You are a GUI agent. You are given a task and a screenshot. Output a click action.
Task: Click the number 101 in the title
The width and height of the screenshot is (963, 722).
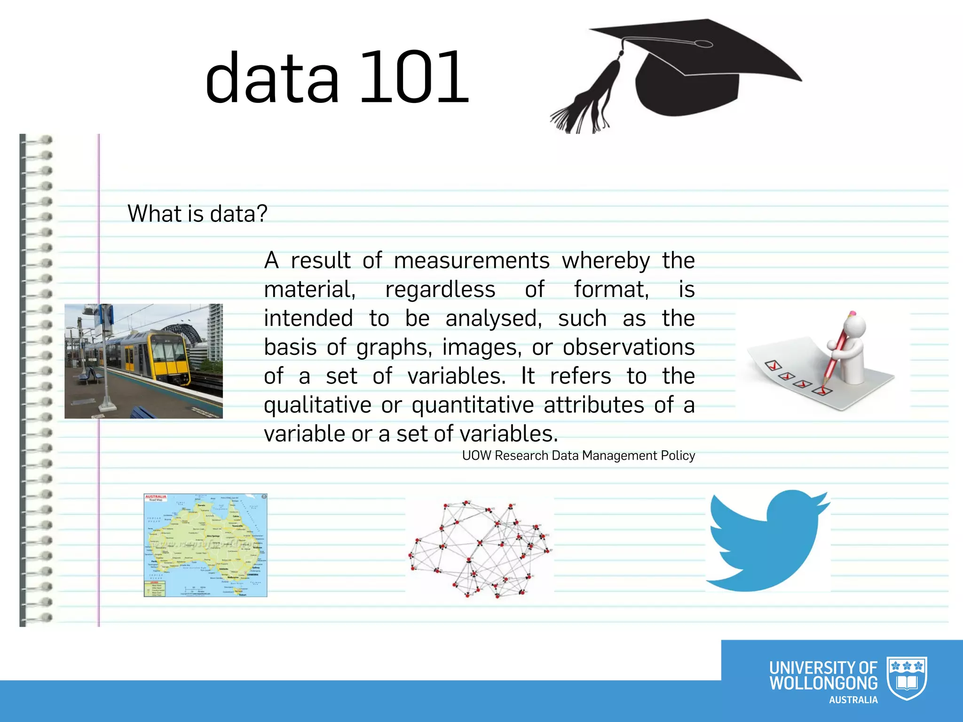(414, 78)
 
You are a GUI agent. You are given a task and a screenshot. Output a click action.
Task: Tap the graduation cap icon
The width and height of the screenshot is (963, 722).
(691, 71)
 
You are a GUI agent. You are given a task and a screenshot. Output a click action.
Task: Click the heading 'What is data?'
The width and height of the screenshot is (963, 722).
(197, 214)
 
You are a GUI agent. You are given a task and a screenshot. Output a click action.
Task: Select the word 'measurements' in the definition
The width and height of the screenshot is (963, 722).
(472, 260)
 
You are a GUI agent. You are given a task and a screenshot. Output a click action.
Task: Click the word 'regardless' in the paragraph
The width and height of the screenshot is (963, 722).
(440, 290)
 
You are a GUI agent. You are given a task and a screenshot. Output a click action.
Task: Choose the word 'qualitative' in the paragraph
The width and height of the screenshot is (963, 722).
(317, 405)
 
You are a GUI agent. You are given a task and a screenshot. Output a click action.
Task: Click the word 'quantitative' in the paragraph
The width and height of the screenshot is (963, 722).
(473, 405)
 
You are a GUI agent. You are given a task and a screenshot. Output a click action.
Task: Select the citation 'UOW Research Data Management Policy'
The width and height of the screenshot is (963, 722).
(578, 455)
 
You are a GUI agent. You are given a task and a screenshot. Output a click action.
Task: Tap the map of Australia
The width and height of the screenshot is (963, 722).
(205, 545)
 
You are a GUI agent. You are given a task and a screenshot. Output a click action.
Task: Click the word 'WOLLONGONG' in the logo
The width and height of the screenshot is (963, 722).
(823, 683)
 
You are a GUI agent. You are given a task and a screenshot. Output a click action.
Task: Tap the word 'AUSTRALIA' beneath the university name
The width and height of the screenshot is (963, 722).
(853, 700)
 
